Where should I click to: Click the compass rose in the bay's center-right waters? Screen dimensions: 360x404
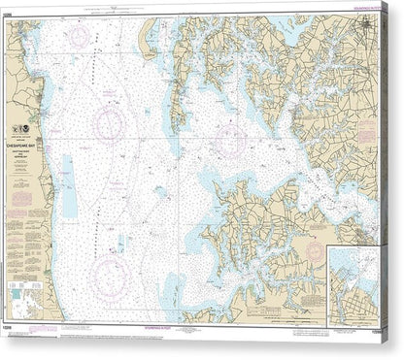[x=229, y=139]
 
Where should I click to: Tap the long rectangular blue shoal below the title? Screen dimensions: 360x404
[x=70, y=186]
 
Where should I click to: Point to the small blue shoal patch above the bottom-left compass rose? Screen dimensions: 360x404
[x=119, y=243]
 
